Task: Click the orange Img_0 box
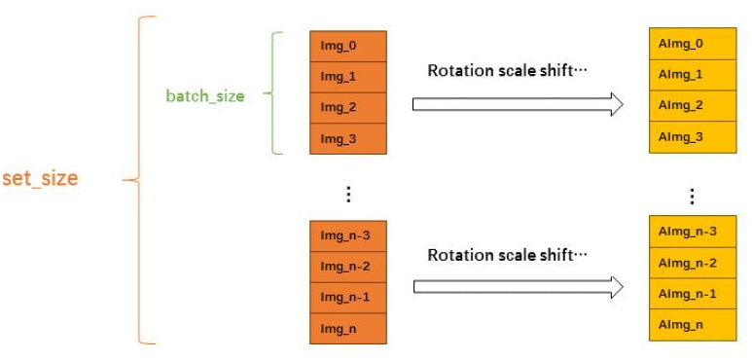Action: pos(347,46)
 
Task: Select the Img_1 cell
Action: pos(347,77)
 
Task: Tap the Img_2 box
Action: pos(347,108)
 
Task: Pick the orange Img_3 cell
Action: pos(347,139)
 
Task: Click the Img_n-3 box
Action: pos(347,235)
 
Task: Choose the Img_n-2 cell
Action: pos(347,267)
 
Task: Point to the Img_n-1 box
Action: pos(347,298)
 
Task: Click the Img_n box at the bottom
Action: pos(347,329)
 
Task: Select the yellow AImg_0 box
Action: pos(692,44)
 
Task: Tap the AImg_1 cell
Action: pos(692,75)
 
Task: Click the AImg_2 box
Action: pos(692,106)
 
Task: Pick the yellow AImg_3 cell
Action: pos(692,137)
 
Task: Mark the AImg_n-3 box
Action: pos(692,232)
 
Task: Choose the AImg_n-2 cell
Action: pos(692,263)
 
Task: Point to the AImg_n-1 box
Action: pos(692,294)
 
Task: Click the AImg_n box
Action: pos(692,325)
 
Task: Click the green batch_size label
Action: pos(205,96)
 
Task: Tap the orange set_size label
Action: pos(40,179)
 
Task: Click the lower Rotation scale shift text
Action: pos(508,256)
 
